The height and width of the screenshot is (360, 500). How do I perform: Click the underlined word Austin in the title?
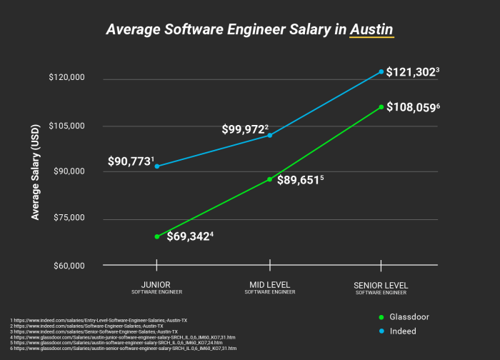(x=371, y=30)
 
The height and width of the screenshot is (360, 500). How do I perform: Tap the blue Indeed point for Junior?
(x=156, y=166)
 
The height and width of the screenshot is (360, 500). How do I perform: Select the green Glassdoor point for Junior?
(x=156, y=236)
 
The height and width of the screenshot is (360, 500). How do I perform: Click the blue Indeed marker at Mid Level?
(x=269, y=135)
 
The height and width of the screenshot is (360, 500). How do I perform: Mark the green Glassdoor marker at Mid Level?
(x=269, y=179)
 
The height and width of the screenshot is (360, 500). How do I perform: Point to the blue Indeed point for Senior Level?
(x=381, y=71)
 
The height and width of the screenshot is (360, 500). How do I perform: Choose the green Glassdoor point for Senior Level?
(x=381, y=107)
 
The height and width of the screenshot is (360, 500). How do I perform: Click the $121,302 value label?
(x=414, y=71)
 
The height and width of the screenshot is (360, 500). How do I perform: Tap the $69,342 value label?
(x=189, y=236)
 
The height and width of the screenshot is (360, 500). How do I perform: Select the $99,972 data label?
(x=244, y=129)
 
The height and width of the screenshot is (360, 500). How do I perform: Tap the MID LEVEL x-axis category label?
(x=269, y=286)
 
